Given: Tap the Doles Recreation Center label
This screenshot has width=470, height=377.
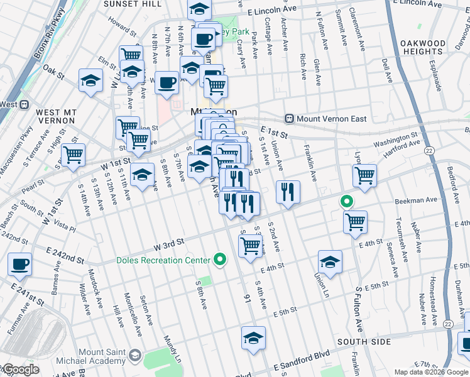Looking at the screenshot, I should (163, 260).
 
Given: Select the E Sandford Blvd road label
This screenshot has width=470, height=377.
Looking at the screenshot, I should (301, 358).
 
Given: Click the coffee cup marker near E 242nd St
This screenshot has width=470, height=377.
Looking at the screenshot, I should (19, 265).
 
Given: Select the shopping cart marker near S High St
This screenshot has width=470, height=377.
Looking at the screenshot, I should (74, 155).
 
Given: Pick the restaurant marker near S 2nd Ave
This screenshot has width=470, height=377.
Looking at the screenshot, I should (287, 192).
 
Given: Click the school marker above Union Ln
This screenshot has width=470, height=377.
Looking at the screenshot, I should (330, 261).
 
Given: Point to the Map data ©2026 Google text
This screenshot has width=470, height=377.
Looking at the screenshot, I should (431, 372).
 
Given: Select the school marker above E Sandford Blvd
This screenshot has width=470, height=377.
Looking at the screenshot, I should (253, 338).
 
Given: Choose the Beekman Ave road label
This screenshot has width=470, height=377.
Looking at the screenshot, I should (416, 200).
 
